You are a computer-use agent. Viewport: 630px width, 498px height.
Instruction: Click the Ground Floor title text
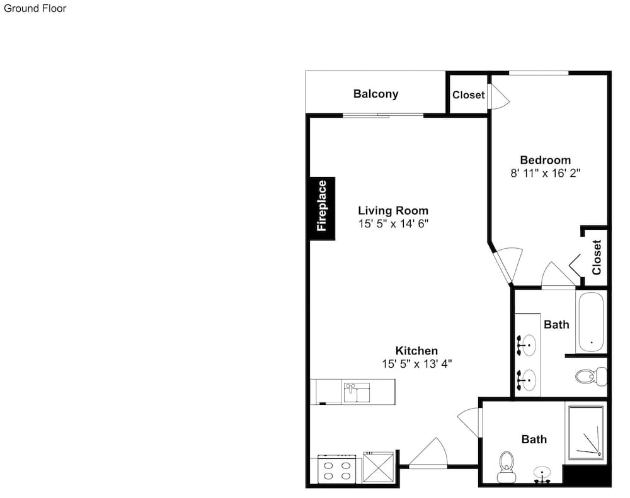click(35, 8)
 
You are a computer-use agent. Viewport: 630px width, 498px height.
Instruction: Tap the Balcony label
click(375, 94)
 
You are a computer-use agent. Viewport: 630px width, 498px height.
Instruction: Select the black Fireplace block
click(322, 208)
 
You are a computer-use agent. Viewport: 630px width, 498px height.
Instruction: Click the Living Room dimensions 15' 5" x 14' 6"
click(393, 224)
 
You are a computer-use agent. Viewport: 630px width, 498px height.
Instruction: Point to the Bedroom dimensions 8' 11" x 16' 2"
click(545, 173)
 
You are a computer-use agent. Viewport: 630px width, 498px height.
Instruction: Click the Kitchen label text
click(416, 351)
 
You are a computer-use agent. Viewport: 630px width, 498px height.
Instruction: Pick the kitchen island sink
click(357, 392)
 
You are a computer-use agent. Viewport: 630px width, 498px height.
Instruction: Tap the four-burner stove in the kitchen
click(336, 469)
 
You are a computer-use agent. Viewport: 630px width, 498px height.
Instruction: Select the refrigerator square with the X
click(379, 467)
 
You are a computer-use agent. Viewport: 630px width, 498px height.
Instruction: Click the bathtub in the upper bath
click(591, 322)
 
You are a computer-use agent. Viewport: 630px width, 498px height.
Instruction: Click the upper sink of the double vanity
click(526, 345)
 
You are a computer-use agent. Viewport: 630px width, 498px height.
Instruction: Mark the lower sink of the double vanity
click(526, 380)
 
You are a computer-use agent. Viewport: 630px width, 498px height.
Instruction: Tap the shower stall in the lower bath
click(586, 433)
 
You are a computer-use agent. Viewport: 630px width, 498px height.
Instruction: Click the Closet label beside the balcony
click(469, 95)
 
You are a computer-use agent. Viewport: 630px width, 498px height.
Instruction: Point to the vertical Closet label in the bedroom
click(597, 257)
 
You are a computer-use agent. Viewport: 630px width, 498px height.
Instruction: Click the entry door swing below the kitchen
click(428, 453)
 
